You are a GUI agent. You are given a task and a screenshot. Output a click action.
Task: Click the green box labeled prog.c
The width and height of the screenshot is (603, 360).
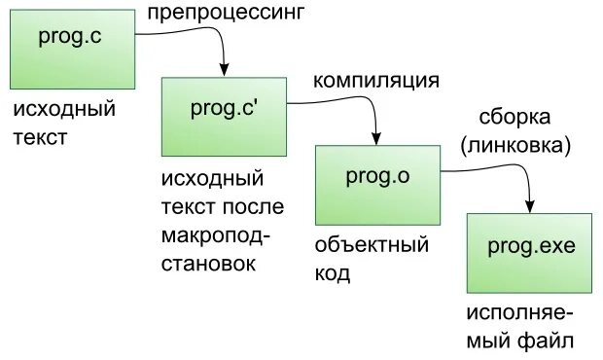[72, 49]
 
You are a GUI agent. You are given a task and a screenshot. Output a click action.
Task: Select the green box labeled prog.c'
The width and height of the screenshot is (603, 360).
[223, 116]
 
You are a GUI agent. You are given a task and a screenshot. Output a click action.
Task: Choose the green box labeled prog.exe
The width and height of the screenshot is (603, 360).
[530, 253]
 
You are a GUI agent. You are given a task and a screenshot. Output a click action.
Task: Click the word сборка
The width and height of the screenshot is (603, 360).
[514, 118]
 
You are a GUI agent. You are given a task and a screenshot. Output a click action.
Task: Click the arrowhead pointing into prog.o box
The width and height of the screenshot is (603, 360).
[376, 138]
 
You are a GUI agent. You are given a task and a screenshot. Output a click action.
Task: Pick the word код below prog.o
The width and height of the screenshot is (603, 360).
[332, 273]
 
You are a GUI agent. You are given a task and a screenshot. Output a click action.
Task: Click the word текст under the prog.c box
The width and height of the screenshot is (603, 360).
[40, 137]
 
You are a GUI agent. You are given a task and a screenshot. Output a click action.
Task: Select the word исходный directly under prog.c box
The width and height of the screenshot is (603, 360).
[64, 109]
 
